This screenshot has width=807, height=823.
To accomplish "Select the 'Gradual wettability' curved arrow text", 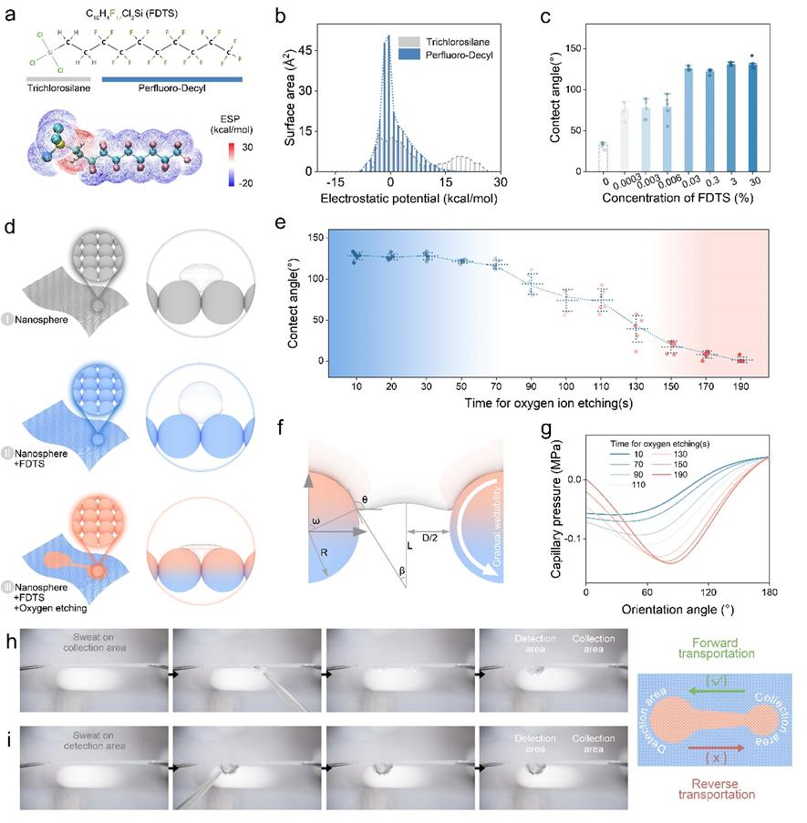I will click(493, 532).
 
